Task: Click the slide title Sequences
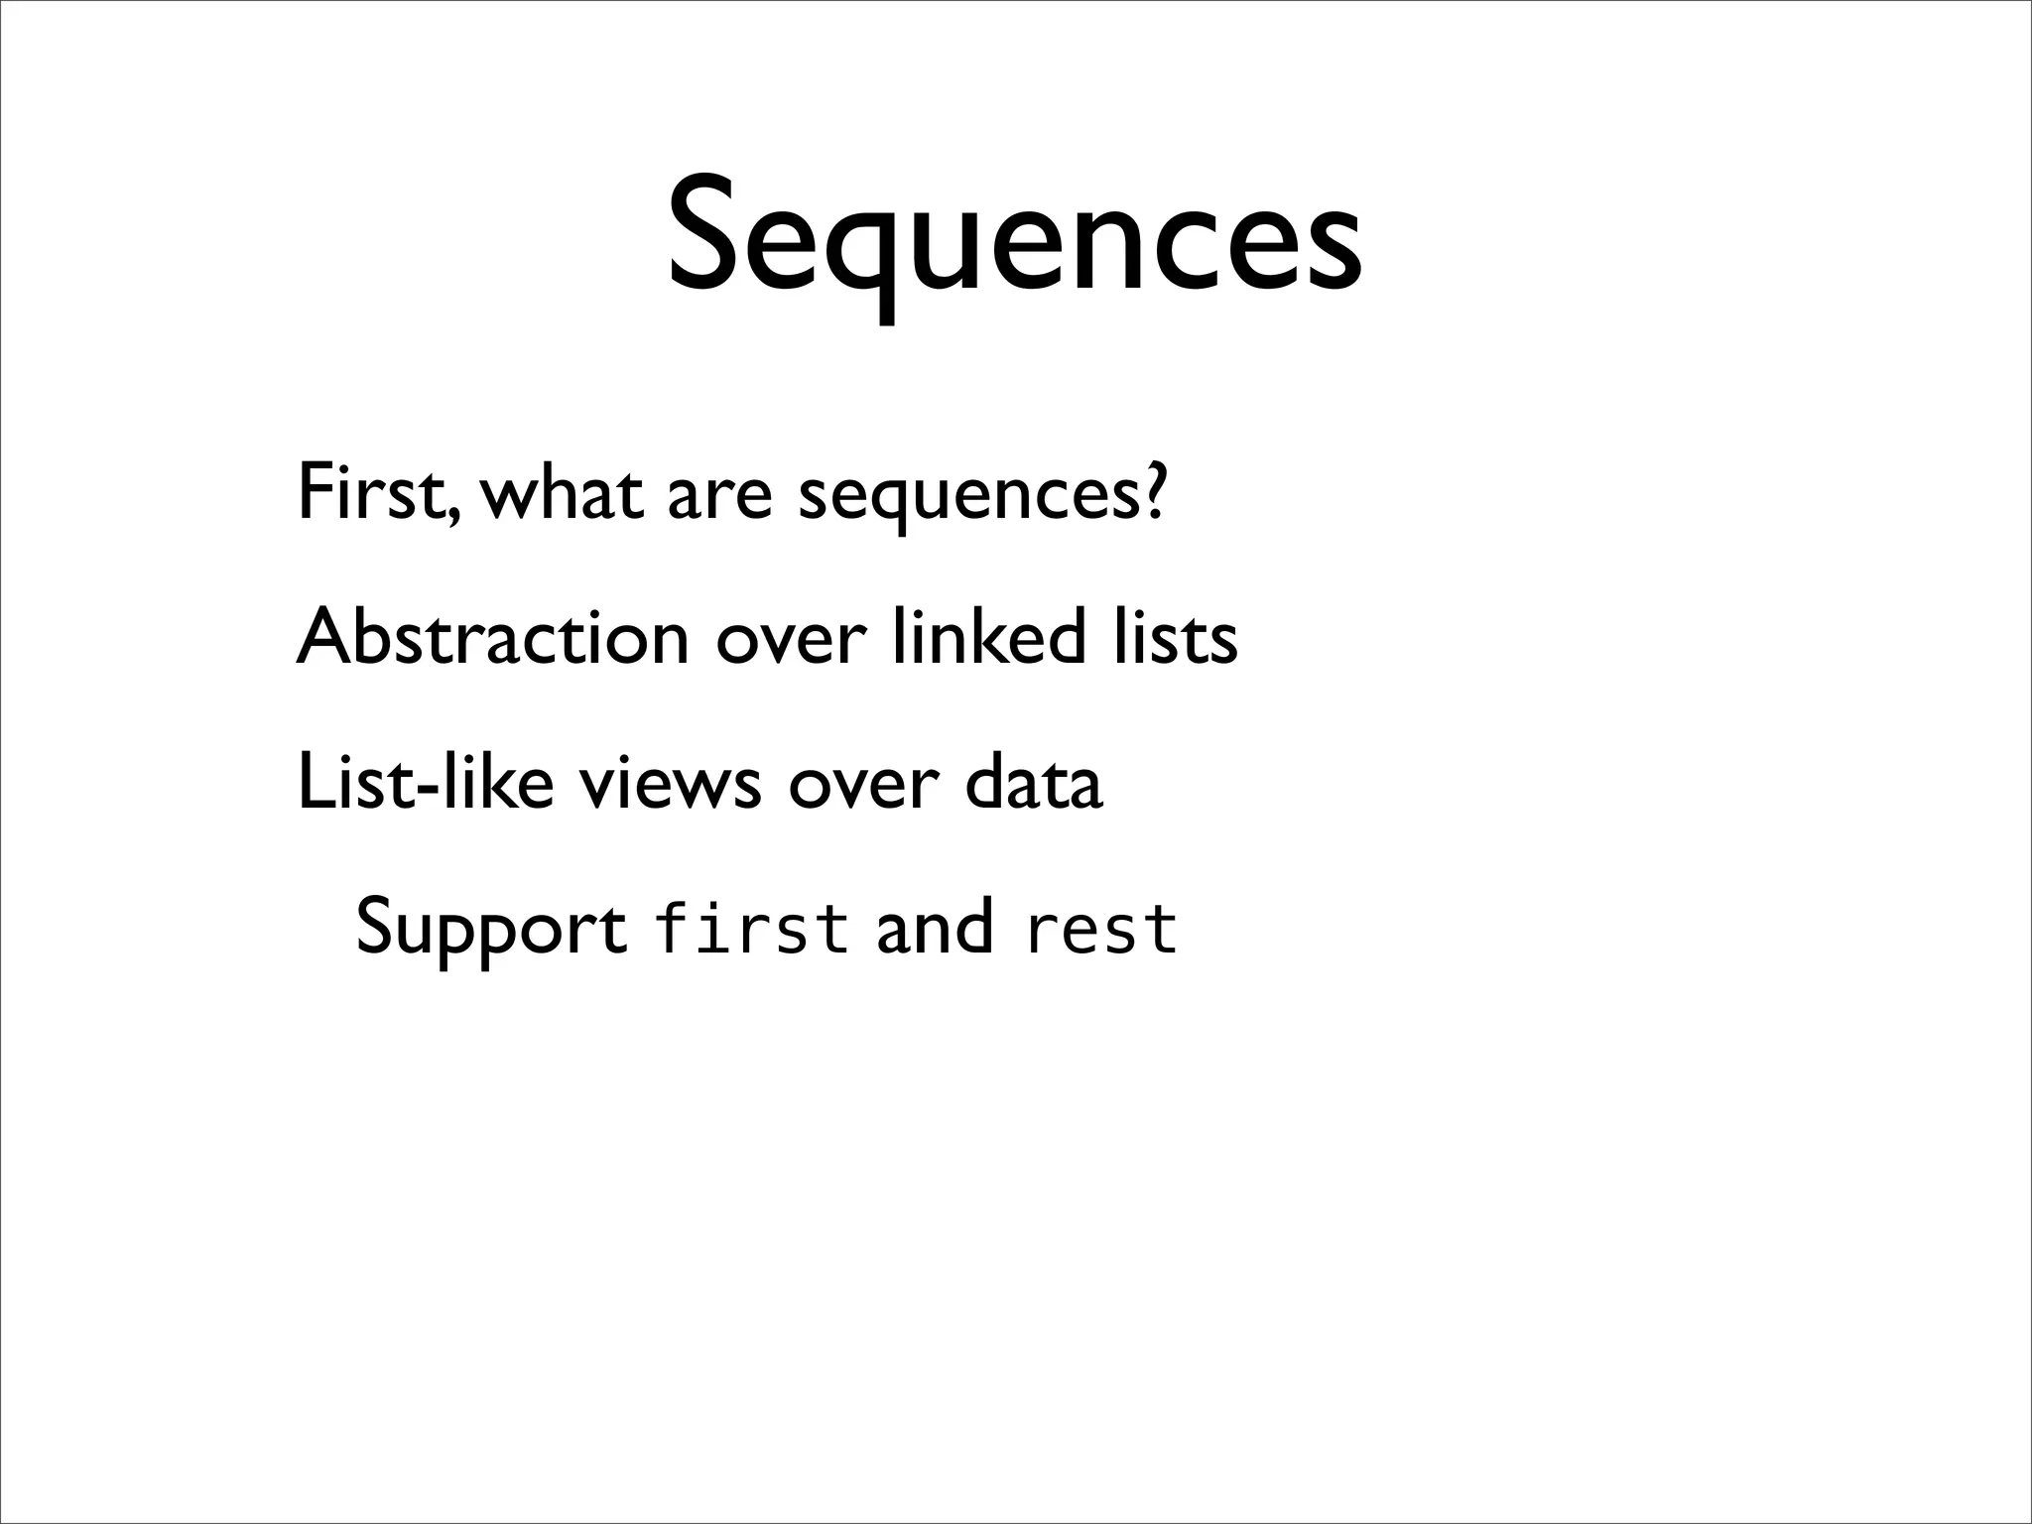[x=1014, y=243]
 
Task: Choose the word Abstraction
[x=492, y=637]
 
